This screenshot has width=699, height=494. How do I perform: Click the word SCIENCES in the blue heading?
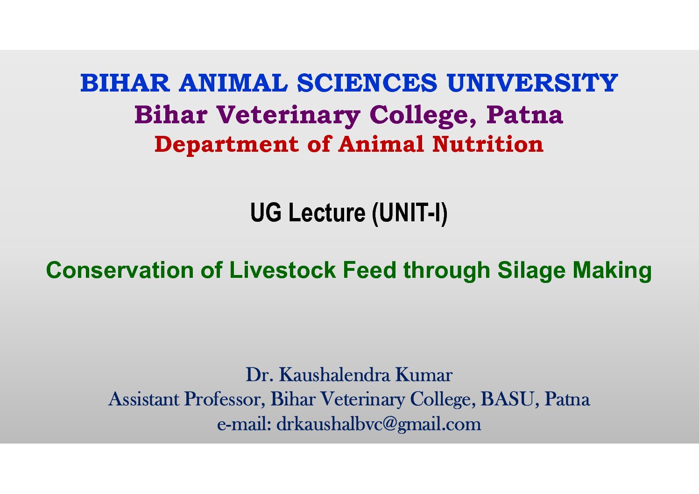point(367,83)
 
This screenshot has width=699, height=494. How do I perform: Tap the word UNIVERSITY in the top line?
point(532,83)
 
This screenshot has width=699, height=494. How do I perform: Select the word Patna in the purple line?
point(525,115)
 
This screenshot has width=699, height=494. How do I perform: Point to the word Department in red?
point(227,145)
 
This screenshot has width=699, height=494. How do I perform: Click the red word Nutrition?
point(488,144)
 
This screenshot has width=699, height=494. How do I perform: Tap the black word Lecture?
point(327,212)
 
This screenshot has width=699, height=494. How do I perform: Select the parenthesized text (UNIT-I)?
point(410,213)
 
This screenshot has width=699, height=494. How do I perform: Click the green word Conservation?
point(120,270)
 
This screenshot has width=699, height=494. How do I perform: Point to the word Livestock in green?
point(282,270)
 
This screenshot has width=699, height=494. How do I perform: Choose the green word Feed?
point(369,270)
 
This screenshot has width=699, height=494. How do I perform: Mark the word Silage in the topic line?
point(531,271)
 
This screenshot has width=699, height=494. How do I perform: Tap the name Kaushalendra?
point(334,374)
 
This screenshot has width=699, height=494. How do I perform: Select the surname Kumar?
point(424,374)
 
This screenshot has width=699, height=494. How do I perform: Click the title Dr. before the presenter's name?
point(260,374)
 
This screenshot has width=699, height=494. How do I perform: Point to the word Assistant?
point(144,399)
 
